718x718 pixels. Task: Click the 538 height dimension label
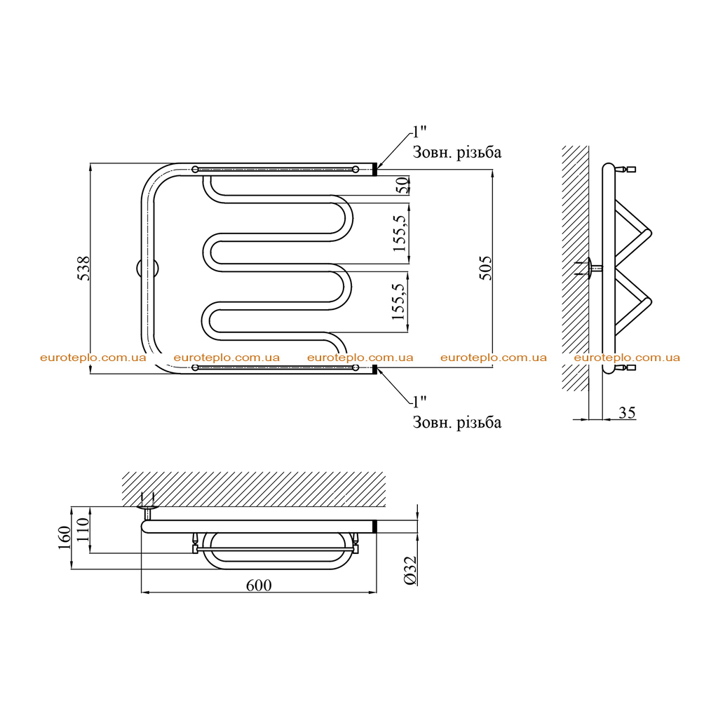(84, 269)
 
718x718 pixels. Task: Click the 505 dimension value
(485, 269)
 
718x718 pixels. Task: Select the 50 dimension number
(402, 185)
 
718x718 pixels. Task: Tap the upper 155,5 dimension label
(400, 233)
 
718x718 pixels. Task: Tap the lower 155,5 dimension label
(399, 302)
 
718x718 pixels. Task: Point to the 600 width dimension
(259, 585)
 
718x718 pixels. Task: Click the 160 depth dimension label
(65, 538)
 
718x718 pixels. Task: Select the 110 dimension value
(83, 529)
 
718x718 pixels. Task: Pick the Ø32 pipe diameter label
(411, 571)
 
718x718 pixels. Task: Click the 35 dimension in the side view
(628, 412)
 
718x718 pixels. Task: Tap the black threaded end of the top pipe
(374, 170)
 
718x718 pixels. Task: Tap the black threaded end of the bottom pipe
(374, 369)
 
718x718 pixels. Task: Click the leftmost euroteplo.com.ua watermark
(93, 358)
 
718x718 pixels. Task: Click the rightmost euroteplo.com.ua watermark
(627, 358)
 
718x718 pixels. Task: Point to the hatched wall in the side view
(576, 269)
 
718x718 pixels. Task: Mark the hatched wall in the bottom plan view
(254, 489)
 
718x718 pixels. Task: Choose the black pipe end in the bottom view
(374, 526)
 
